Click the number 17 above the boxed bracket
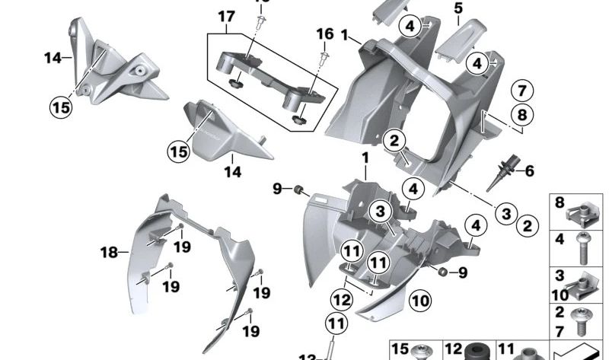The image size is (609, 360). (226, 15)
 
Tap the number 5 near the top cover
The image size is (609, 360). (458, 9)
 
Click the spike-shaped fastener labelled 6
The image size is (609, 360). (505, 167)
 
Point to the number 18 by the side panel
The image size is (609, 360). (110, 251)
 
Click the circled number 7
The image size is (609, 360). (521, 91)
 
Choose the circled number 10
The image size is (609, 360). (420, 301)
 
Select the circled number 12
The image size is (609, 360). (341, 299)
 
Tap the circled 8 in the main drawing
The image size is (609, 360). (521, 116)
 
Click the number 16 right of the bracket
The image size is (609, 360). (325, 34)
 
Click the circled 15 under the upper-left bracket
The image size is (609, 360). (62, 107)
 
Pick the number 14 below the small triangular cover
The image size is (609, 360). (232, 173)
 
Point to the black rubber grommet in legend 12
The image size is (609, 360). (478, 352)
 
